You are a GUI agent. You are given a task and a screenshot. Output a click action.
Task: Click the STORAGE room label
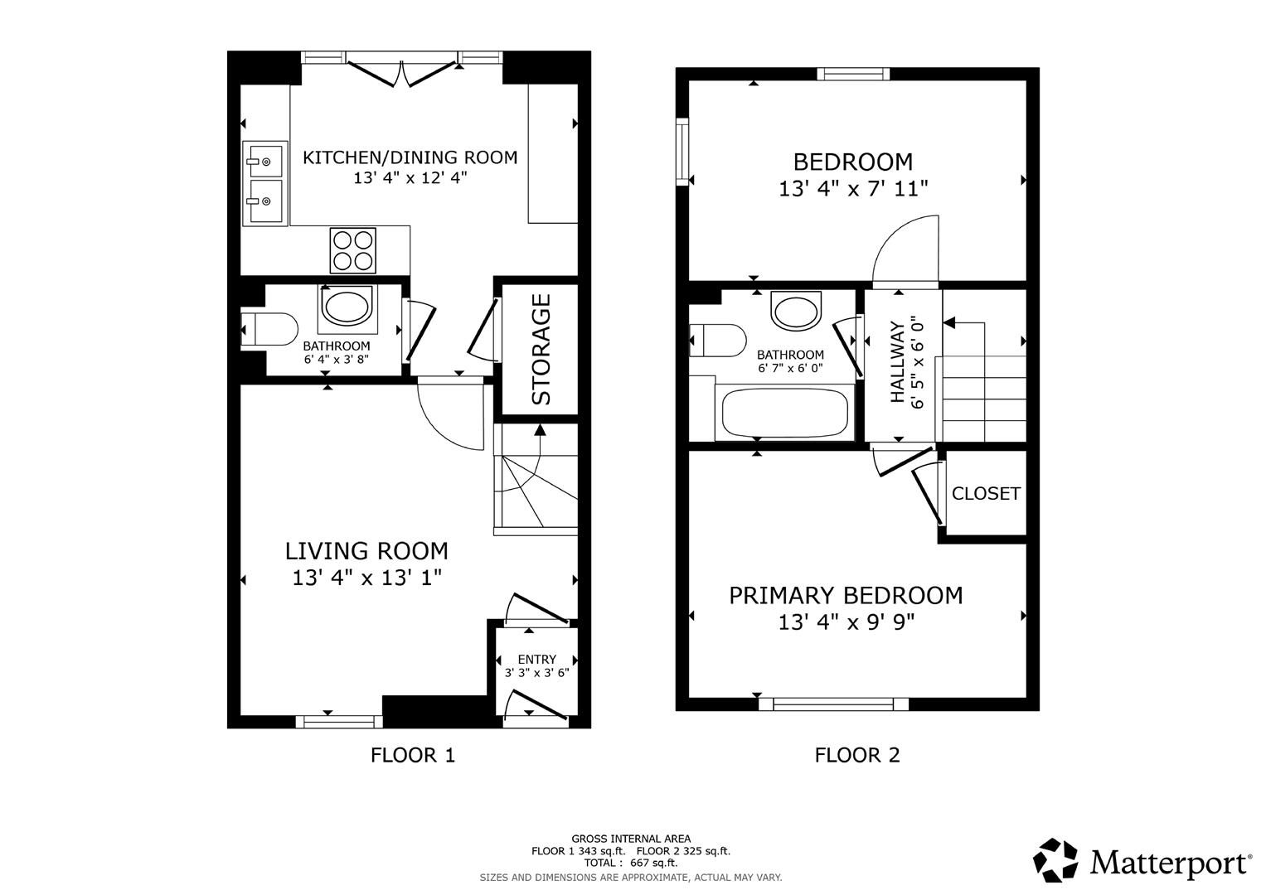tap(541, 349)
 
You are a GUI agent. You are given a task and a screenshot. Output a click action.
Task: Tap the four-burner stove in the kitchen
tap(352, 250)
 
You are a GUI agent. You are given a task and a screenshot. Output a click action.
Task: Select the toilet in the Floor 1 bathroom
tap(271, 329)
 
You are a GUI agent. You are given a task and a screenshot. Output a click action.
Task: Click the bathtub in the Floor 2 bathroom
tap(784, 413)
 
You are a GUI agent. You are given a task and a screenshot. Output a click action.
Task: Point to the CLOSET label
tap(986, 494)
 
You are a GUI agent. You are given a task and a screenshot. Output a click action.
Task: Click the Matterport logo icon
tap(1055, 860)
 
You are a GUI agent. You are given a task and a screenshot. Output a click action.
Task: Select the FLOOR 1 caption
tap(413, 755)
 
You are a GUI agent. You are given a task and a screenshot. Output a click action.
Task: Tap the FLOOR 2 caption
tap(857, 755)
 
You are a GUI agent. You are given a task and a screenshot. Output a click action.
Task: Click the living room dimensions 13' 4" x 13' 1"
tap(366, 578)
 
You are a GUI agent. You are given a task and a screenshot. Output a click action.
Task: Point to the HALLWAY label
tap(897, 362)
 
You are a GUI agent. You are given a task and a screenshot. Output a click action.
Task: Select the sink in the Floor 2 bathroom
tap(796, 311)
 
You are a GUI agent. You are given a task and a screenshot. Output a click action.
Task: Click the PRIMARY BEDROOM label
tap(846, 595)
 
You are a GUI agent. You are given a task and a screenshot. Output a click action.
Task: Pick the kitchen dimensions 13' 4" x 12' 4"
tap(410, 177)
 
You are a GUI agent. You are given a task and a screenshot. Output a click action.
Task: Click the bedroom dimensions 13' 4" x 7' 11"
tap(852, 189)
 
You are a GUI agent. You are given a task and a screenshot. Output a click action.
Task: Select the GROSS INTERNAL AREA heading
tap(631, 839)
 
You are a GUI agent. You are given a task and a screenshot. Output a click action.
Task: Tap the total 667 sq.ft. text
tap(631, 863)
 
